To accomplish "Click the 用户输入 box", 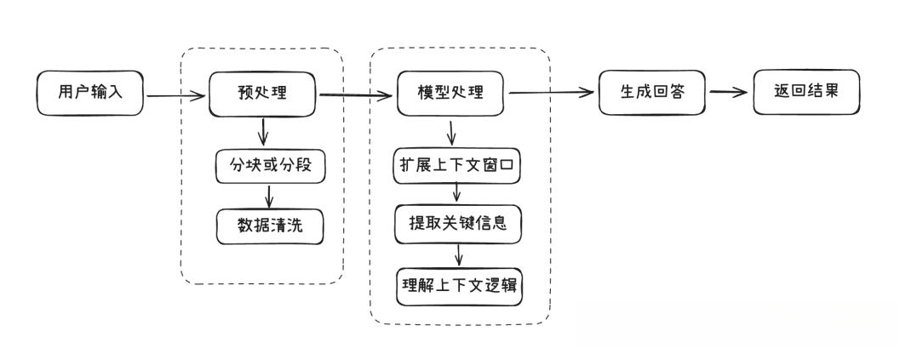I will point(89,94).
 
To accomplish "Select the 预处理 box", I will point(262,94).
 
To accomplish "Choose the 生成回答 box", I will point(653,93).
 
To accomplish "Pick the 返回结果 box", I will point(806,92).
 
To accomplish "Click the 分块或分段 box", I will point(269,166).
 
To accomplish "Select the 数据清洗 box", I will point(269,226).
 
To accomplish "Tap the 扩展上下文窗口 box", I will point(457,165).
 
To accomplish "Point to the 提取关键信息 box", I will point(458,225).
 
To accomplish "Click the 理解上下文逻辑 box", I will point(459,286).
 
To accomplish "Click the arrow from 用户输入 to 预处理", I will point(177,96).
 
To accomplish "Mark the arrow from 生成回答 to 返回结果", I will point(730,93).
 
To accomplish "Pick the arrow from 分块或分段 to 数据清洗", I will point(270,196).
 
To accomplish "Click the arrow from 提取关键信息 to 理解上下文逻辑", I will point(460,254).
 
